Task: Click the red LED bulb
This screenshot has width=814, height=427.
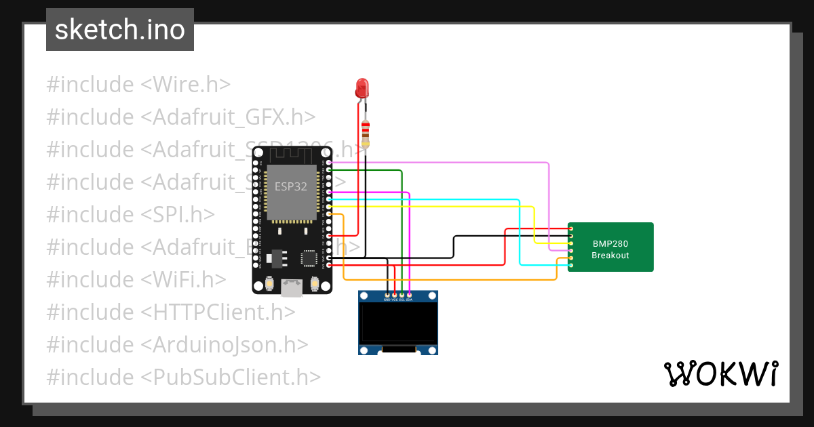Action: click(x=362, y=87)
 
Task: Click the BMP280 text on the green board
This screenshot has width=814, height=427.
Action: click(x=610, y=243)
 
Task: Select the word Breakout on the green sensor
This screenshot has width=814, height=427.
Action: click(x=610, y=256)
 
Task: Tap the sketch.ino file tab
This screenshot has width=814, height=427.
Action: click(x=120, y=30)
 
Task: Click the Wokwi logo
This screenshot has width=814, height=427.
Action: click(x=720, y=373)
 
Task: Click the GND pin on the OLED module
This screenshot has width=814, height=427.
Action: click(x=387, y=295)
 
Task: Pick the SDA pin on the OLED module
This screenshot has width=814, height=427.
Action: click(x=409, y=295)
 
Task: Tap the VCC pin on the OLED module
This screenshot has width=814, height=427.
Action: click(x=394, y=295)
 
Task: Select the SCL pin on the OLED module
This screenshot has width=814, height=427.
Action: click(x=402, y=295)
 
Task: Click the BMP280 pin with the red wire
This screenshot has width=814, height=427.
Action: click(x=571, y=229)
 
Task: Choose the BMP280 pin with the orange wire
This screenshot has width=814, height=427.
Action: click(x=571, y=258)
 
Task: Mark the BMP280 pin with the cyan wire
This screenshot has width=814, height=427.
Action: click(x=571, y=265)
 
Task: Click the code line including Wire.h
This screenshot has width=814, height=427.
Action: click(x=138, y=85)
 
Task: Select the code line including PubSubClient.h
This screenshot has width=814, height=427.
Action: click(x=183, y=377)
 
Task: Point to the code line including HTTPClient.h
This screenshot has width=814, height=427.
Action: click(x=171, y=312)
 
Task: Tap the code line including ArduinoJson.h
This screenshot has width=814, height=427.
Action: click(x=177, y=344)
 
